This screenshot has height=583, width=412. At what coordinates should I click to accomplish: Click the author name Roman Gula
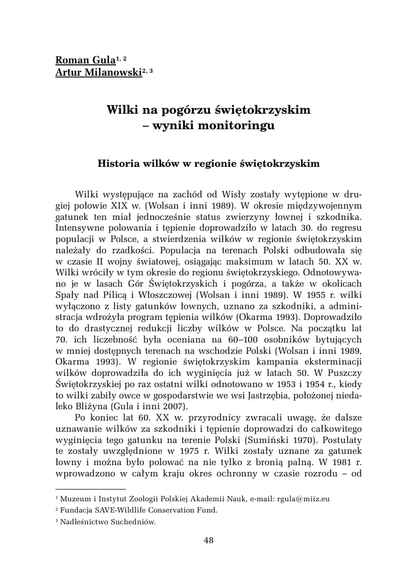[85, 60]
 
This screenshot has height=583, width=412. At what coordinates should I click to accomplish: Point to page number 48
[208, 540]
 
